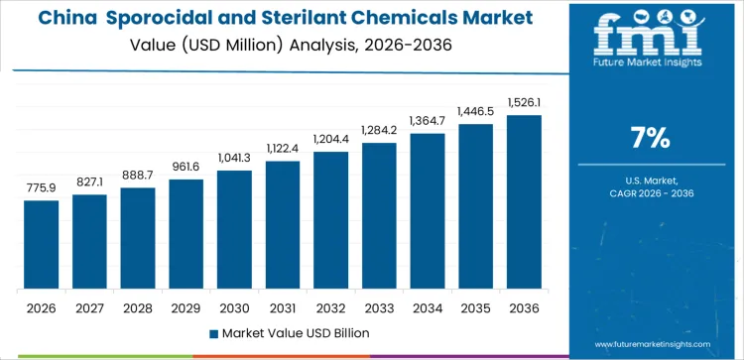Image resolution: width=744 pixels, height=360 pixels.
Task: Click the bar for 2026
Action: (x=41, y=245)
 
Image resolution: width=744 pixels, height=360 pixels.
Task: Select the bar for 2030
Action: (x=234, y=230)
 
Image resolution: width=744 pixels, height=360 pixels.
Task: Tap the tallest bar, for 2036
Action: (x=525, y=202)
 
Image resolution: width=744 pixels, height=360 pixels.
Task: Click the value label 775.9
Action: (x=41, y=187)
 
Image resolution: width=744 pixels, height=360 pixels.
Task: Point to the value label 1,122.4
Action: (x=282, y=148)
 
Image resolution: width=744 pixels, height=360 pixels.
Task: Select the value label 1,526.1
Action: (x=525, y=102)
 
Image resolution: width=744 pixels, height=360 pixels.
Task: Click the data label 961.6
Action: (x=186, y=167)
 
